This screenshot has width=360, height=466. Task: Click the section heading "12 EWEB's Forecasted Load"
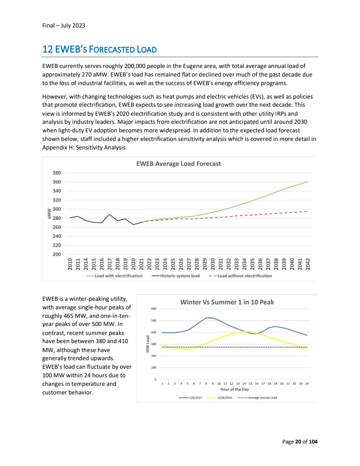click(99, 49)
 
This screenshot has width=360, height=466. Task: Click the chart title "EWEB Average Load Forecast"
click(178, 164)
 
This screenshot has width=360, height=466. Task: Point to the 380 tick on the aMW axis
click(56, 173)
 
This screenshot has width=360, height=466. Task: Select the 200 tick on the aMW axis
click(56, 254)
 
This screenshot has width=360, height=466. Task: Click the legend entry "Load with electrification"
click(118, 276)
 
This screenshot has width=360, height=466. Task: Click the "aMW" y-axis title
click(49, 213)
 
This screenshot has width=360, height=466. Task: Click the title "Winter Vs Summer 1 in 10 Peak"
click(227, 302)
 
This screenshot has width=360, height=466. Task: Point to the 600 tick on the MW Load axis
click(153, 309)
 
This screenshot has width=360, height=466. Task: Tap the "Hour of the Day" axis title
click(234, 389)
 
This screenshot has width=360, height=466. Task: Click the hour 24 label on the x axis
click(307, 383)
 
